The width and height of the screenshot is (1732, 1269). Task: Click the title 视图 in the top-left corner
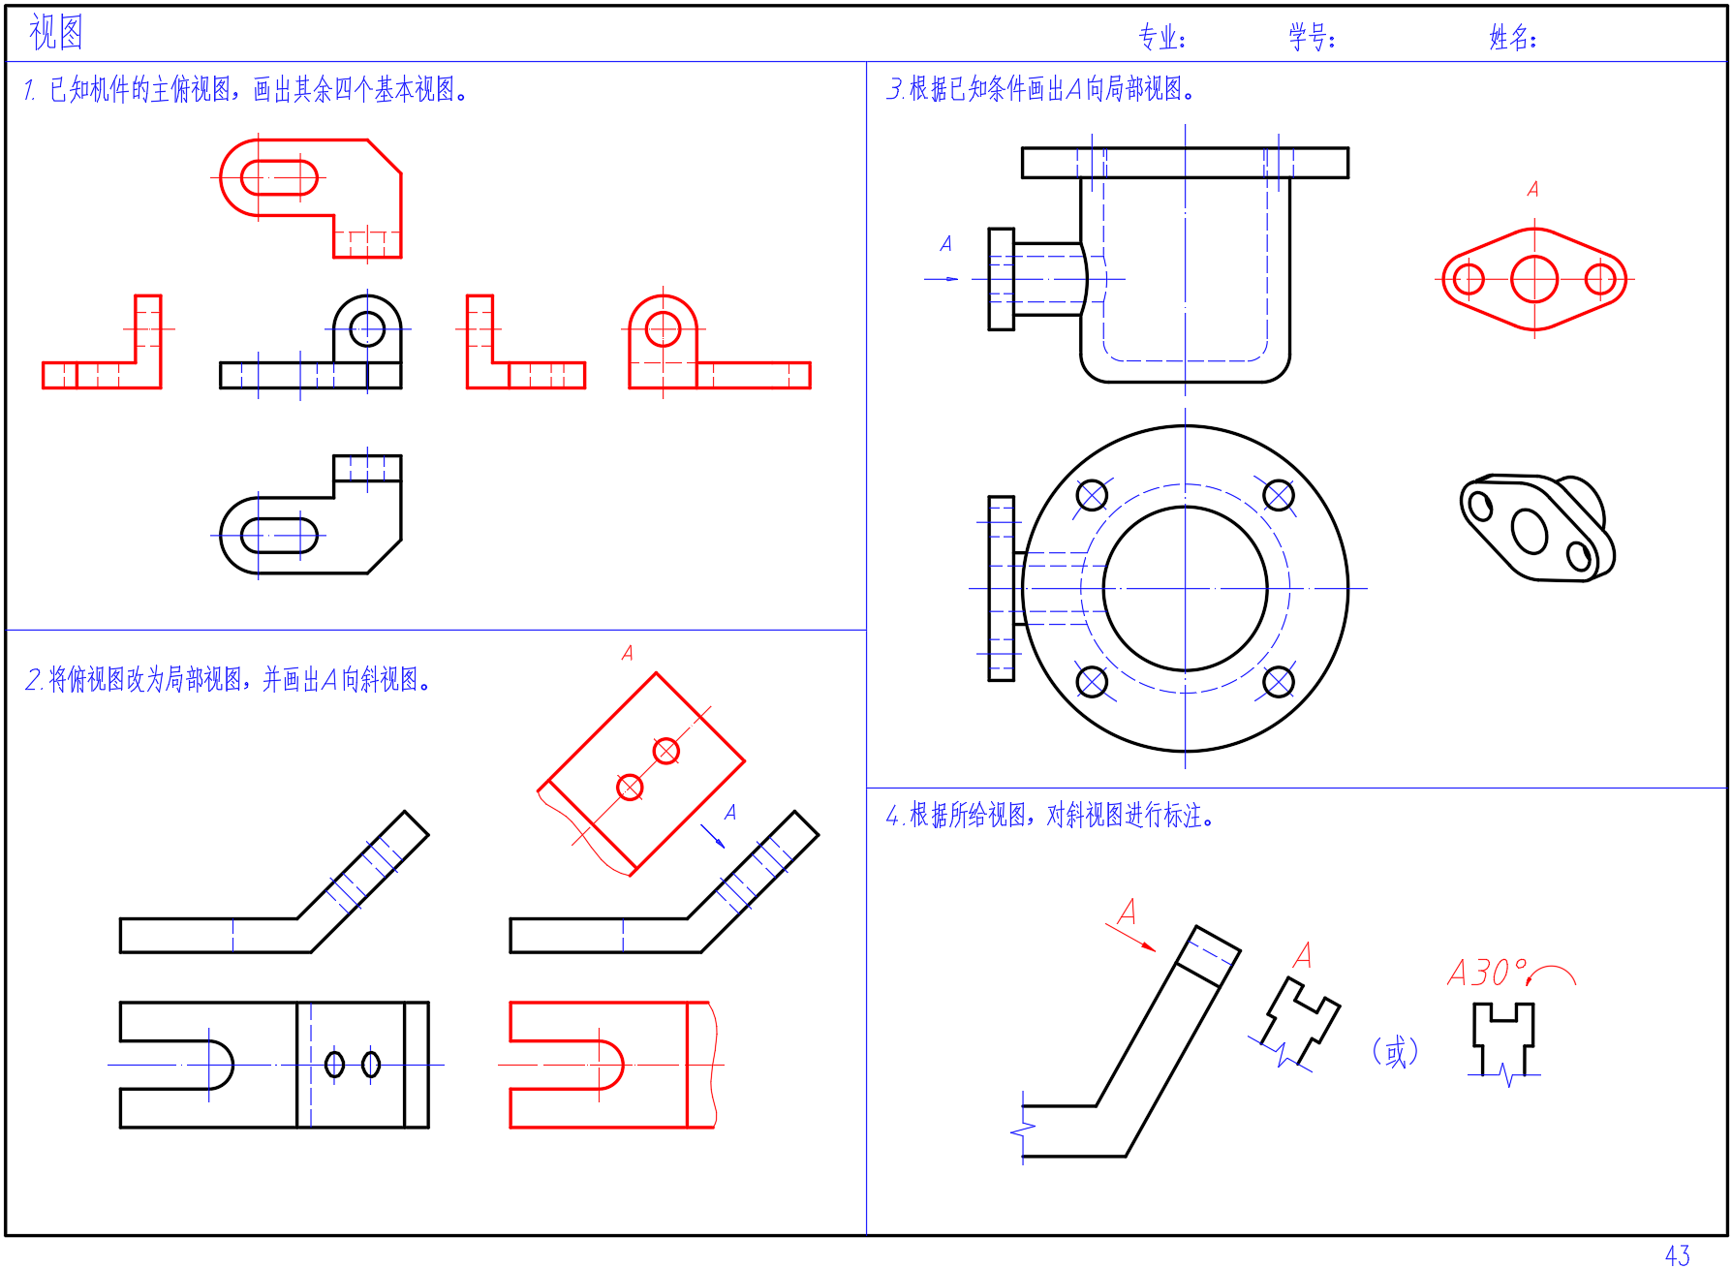tap(56, 32)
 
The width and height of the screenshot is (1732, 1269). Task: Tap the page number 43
tap(1678, 1255)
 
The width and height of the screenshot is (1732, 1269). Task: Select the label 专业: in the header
tap(1161, 38)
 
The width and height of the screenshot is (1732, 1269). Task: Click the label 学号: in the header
tap(1312, 38)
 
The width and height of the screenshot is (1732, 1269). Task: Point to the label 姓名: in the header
tap(1513, 38)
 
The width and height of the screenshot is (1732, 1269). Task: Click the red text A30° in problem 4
tap(1487, 973)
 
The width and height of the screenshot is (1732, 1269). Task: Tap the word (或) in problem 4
tap(1395, 1051)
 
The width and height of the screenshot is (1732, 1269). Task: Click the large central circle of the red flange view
tap(1534, 279)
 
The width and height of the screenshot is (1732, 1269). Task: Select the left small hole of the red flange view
tap(1469, 279)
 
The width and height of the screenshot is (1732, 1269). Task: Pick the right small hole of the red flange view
tap(1600, 279)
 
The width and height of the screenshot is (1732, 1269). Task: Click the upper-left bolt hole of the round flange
tap(1092, 496)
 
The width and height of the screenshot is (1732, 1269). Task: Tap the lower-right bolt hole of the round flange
tap(1279, 682)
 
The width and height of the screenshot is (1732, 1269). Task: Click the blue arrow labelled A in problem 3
tap(942, 279)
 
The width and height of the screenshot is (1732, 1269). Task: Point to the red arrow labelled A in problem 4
tap(1130, 938)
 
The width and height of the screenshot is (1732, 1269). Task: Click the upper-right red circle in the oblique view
tap(665, 751)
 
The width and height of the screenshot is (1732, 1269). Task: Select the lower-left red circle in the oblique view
tap(630, 787)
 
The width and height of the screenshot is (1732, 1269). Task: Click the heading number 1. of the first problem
tap(30, 90)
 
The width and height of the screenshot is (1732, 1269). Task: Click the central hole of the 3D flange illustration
tap(1529, 531)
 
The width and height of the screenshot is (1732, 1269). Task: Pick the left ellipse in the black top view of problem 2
tap(334, 1065)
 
